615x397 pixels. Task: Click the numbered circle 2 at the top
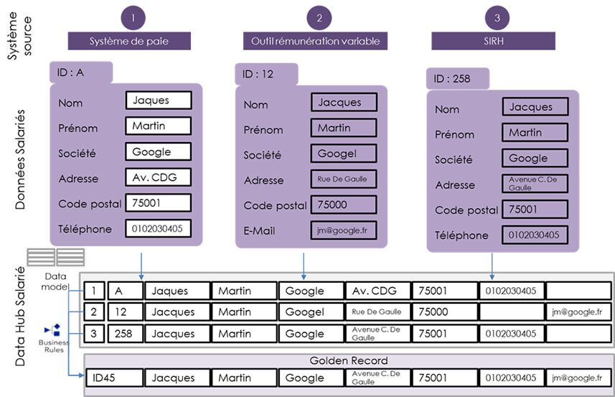click(319, 17)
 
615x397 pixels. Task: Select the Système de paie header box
click(130, 41)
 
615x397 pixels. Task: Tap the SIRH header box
click(493, 41)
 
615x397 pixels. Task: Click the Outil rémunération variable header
click(315, 41)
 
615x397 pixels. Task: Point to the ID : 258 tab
click(457, 79)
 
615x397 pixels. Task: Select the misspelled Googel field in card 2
click(344, 154)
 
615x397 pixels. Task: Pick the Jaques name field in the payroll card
click(158, 101)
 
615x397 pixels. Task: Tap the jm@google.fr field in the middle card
click(344, 230)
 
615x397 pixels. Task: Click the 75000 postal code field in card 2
click(344, 205)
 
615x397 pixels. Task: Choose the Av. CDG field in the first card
click(158, 177)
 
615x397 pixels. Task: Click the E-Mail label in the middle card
click(259, 231)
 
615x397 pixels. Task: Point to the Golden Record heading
click(348, 360)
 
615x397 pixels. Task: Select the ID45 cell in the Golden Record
click(113, 378)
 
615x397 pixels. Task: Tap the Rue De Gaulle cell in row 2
click(377, 312)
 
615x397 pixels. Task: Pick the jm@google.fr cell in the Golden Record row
click(578, 378)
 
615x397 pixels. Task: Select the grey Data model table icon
click(55, 256)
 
